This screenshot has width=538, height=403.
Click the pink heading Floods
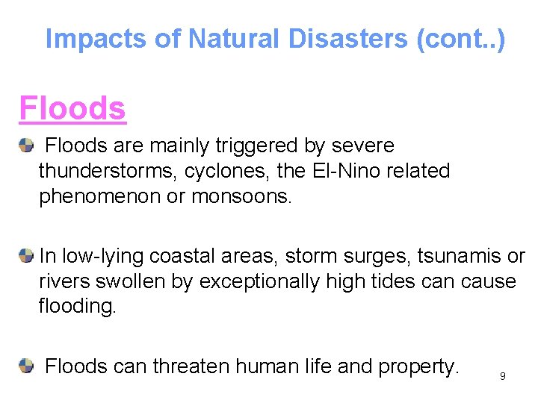point(72,108)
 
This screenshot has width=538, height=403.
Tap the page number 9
point(503,376)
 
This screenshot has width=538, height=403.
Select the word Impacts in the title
point(97,39)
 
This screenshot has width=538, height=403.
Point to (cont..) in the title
point(461,39)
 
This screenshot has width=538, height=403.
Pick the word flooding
point(77,307)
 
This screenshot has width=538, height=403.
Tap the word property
point(418,366)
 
